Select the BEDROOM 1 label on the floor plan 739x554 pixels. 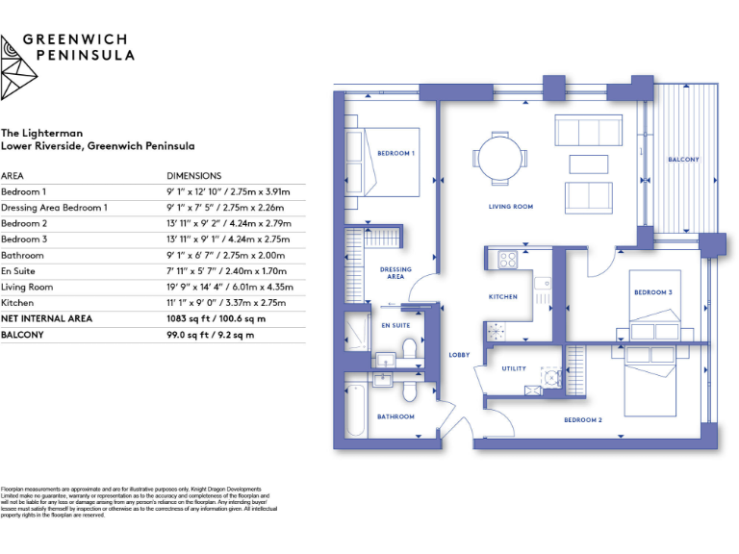(x=395, y=154)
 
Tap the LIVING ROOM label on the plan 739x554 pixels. (x=510, y=207)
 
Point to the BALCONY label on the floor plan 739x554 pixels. (x=683, y=160)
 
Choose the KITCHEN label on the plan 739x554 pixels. (x=503, y=297)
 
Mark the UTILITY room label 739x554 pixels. (x=513, y=368)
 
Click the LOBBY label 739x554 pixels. (x=459, y=355)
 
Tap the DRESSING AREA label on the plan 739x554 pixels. (x=395, y=272)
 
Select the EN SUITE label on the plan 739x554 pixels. (x=395, y=326)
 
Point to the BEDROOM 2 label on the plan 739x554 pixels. (x=582, y=420)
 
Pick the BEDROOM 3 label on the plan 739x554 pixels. (x=651, y=291)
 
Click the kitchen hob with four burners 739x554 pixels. (x=506, y=259)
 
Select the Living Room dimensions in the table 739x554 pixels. (x=230, y=287)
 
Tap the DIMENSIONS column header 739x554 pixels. (x=193, y=176)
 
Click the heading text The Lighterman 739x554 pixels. (x=41, y=133)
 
